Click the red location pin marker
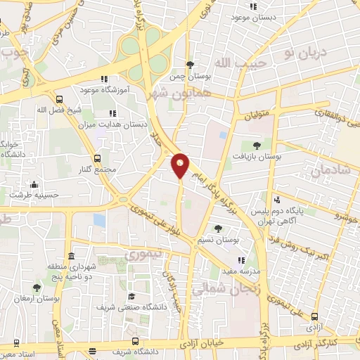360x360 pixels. click(x=181, y=165)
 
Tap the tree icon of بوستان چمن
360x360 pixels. click(x=189, y=64)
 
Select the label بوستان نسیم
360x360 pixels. click(x=219, y=240)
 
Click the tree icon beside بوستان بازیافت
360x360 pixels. click(x=256, y=146)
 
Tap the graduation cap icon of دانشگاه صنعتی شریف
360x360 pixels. click(x=131, y=297)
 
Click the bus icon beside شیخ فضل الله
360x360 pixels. click(x=59, y=99)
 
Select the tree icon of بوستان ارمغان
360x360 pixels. click(x=36, y=287)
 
